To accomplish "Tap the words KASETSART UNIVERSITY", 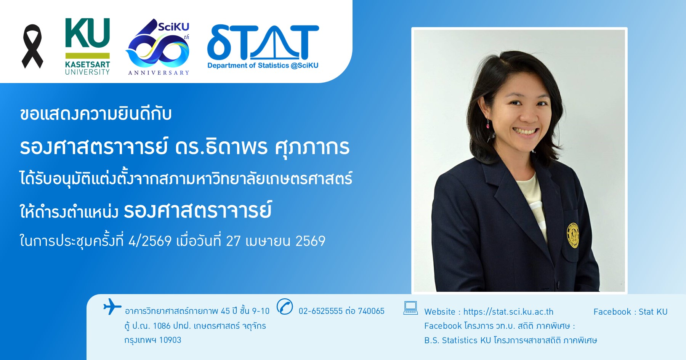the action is click(87, 68).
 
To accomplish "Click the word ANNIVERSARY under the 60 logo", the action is click(159, 73).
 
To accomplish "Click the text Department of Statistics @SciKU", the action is click(263, 66).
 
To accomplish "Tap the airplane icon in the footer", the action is click(112, 307).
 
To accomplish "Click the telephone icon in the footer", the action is click(285, 307).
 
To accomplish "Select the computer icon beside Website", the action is click(410, 308).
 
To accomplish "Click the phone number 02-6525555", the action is click(321, 311).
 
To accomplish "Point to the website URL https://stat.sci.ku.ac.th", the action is click(508, 312).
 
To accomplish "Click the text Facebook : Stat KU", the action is click(630, 312).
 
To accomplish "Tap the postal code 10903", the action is click(170, 340).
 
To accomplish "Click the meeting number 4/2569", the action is click(150, 241).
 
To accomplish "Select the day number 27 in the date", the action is click(233, 241).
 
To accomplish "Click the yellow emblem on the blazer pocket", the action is click(573, 235).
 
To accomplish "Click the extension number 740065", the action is click(371, 311).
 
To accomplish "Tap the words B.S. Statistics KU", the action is click(457, 341).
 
